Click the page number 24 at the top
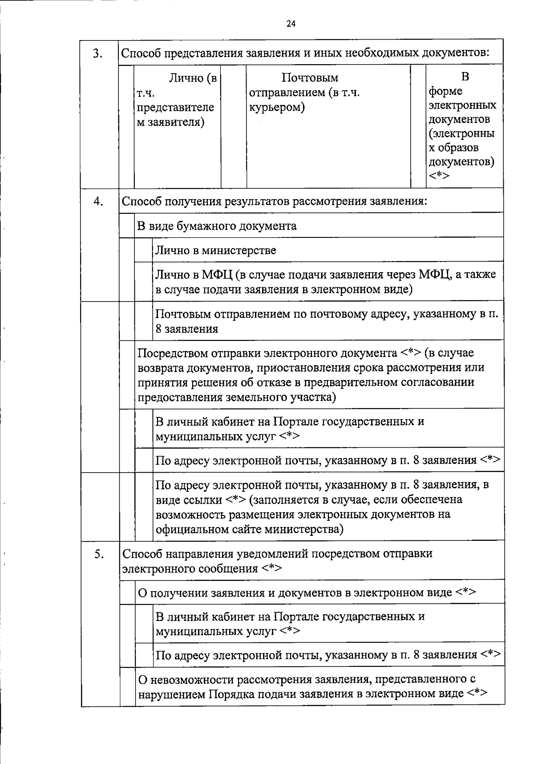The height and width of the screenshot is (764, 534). point(291,24)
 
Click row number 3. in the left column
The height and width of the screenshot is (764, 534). point(98,53)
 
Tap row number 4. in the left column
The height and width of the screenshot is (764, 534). point(98,201)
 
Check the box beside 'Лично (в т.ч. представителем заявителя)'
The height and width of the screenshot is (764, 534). point(127,126)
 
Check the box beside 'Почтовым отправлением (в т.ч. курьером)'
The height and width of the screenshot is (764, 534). point(234,126)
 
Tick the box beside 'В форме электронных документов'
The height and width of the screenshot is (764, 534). point(418,126)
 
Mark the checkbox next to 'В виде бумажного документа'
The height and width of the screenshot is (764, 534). point(127,225)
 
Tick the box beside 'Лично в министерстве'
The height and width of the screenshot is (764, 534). point(144,250)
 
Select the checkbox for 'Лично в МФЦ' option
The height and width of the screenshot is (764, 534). point(144,282)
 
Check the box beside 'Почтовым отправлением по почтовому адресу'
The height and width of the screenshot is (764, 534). point(144,321)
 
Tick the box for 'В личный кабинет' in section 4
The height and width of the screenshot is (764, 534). point(144,428)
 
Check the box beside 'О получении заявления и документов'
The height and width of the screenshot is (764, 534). point(127,592)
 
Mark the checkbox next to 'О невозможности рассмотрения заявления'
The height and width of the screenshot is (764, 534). point(127,686)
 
